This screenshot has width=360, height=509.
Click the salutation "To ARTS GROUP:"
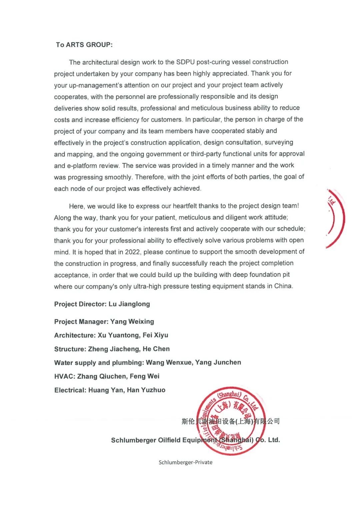coord(84,45)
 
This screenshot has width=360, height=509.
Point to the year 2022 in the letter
coord(132,252)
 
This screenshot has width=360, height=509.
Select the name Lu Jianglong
coord(129,304)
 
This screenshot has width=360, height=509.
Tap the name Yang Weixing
coord(132,322)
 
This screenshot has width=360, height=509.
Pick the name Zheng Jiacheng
coord(114,349)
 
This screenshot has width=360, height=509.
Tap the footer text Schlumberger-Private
coord(185,462)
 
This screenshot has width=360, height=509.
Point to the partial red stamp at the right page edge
coord(335,219)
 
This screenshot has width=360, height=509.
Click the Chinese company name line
coord(230,421)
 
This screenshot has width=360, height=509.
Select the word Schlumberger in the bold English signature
coord(133,440)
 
